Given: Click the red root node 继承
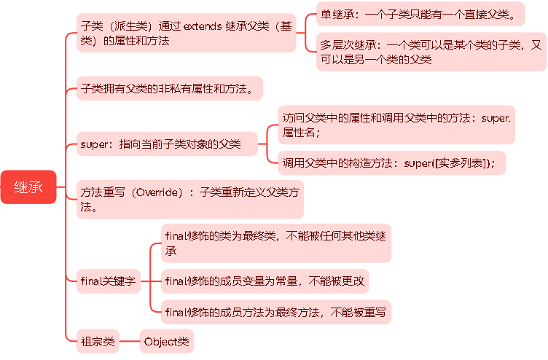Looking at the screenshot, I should pos(28,187).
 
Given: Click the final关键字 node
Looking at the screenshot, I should pos(108,280).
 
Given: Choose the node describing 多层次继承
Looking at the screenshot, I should pos(431,52).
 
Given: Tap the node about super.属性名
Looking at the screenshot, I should pos(396,125).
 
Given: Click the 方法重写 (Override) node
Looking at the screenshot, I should pos(189,199).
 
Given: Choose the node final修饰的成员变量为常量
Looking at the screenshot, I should pos(267,280).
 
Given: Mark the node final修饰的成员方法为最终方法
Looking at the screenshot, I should pos(275,312).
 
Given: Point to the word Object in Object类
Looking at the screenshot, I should pos(160,340).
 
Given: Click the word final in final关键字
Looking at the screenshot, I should pos(92,280).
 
